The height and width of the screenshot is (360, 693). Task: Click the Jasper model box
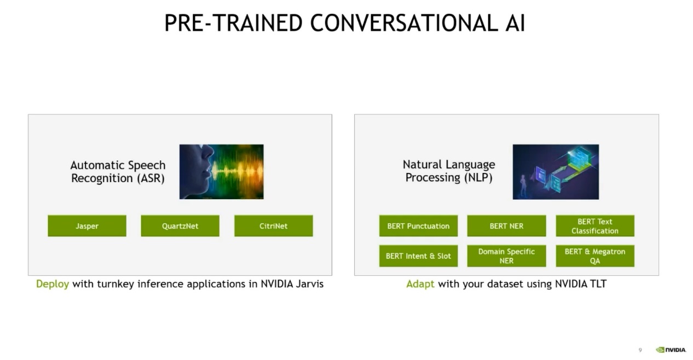click(x=87, y=226)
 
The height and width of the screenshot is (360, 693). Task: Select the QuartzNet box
click(x=180, y=226)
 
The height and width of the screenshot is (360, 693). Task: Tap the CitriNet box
click(x=274, y=226)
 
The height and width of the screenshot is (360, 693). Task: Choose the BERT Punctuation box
click(x=418, y=226)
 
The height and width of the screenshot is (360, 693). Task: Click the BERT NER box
click(x=506, y=226)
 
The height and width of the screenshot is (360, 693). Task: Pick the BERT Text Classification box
click(x=595, y=226)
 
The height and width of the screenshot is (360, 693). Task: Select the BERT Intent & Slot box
click(x=418, y=256)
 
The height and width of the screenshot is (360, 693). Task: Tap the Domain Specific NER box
click(x=506, y=256)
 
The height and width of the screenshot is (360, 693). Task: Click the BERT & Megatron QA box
click(x=595, y=256)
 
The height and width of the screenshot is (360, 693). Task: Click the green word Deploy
click(x=53, y=284)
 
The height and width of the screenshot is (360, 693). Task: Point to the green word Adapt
click(x=420, y=284)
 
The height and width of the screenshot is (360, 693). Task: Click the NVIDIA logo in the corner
click(x=671, y=350)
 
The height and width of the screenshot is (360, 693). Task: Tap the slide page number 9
click(x=640, y=350)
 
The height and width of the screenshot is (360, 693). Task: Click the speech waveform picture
click(x=222, y=172)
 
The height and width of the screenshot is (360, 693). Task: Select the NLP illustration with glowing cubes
click(x=556, y=172)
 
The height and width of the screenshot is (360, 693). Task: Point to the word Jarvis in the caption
click(x=310, y=284)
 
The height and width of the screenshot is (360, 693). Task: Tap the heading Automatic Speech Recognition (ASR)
click(x=118, y=172)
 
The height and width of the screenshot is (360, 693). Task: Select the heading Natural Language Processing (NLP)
click(x=449, y=171)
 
